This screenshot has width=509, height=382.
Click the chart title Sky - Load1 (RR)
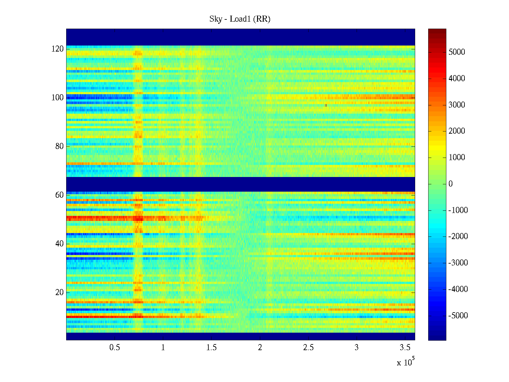240,19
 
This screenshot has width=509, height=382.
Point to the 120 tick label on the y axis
58,49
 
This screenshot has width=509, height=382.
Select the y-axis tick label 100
58,98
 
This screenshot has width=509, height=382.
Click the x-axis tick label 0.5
115,348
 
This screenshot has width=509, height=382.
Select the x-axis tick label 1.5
211,348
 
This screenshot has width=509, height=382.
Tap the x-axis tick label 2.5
308,348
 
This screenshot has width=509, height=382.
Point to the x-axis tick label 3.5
405,348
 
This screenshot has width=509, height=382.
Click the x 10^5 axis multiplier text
405,362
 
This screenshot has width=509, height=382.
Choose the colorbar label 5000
457,52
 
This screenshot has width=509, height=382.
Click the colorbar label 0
450,184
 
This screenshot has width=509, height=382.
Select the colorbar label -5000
458,316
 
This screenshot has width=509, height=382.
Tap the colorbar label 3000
457,105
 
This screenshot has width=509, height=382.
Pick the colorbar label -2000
458,237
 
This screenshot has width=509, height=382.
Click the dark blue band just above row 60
241,184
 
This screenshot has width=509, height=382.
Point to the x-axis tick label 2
260,348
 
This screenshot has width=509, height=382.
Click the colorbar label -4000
458,289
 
